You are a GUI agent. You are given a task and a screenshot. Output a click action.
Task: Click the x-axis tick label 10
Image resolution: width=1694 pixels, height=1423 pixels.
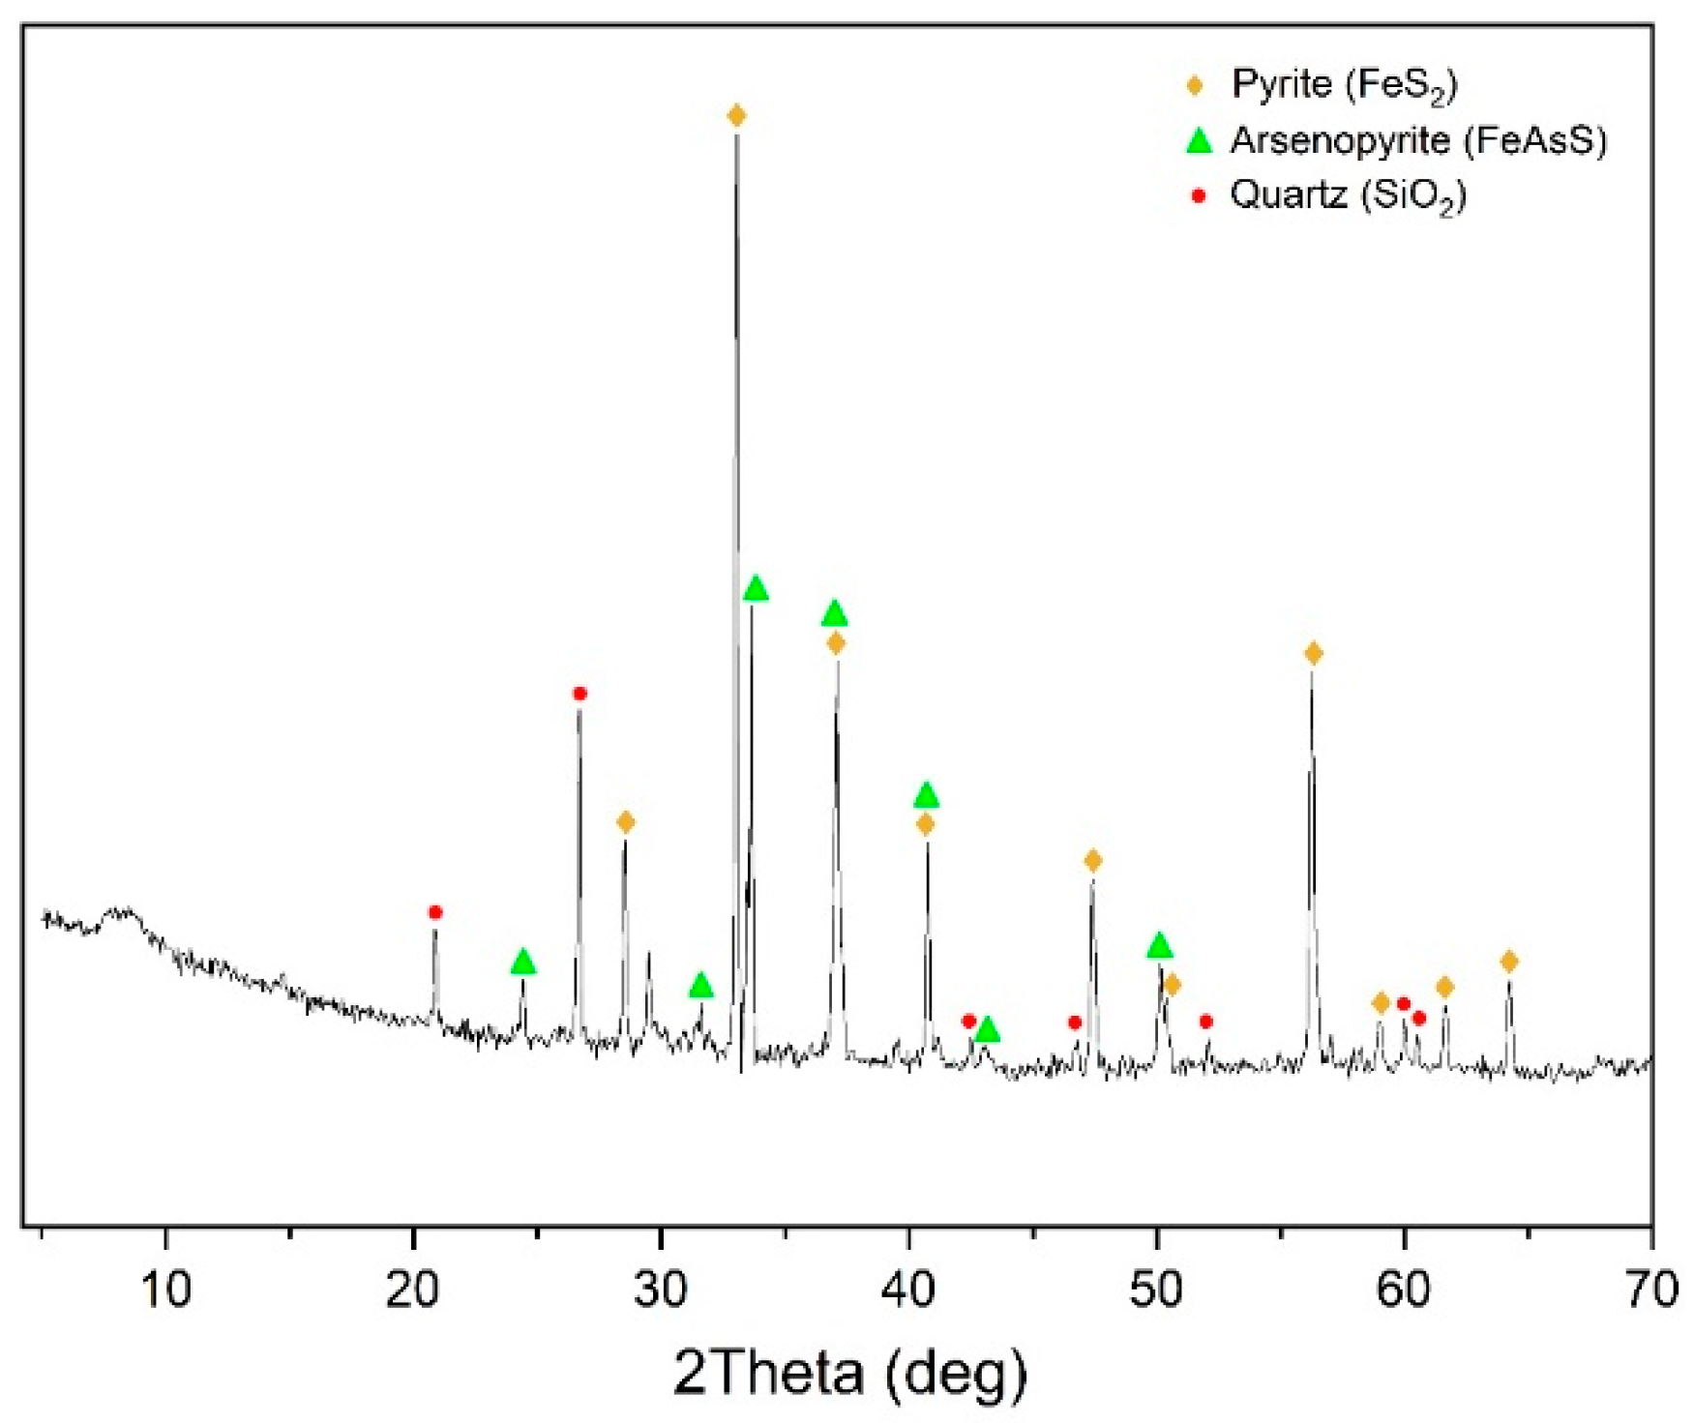pyautogui.click(x=166, y=1290)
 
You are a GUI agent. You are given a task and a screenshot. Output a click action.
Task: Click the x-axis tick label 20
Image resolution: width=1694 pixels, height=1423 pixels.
pyautogui.click(x=413, y=1290)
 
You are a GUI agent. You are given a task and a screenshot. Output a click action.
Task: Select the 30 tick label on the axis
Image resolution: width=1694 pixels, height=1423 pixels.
pyautogui.click(x=661, y=1290)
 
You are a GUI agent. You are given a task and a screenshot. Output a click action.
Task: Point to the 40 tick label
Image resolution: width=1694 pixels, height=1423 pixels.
pyautogui.click(x=908, y=1290)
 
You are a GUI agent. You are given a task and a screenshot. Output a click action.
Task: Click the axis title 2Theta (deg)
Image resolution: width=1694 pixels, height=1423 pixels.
pyautogui.click(x=850, y=1372)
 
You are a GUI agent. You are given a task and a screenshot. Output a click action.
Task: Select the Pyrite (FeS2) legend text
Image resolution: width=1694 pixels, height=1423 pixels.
pyautogui.click(x=1344, y=85)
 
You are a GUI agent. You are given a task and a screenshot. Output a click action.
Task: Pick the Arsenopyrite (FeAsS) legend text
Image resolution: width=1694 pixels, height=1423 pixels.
pyautogui.click(x=1418, y=141)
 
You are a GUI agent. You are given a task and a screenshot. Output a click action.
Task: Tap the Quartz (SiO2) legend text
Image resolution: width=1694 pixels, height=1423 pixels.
pyautogui.click(x=1349, y=196)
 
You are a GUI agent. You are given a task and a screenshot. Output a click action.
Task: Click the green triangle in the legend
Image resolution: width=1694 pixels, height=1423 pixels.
pyautogui.click(x=1199, y=141)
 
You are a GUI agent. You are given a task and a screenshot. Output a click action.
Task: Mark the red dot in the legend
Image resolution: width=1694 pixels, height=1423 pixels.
pyautogui.click(x=1199, y=196)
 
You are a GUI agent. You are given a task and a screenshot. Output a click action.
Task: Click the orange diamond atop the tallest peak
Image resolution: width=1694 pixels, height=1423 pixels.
pyautogui.click(x=736, y=116)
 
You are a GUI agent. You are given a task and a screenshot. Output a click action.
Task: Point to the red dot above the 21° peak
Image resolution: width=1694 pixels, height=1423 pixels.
pyautogui.click(x=435, y=912)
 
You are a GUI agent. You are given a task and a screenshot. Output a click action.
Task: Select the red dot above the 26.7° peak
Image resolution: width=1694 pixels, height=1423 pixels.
pyautogui.click(x=580, y=694)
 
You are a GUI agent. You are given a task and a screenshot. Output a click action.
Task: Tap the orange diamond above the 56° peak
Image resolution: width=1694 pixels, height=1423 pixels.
pyautogui.click(x=1313, y=654)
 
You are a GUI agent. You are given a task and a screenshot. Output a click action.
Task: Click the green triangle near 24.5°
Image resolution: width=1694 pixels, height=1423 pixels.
pyautogui.click(x=523, y=963)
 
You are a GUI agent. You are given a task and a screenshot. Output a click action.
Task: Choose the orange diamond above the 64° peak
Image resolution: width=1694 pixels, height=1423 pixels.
pyautogui.click(x=1509, y=962)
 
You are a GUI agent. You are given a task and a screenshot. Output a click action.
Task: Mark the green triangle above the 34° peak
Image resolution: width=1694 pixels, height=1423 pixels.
pyautogui.click(x=757, y=589)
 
